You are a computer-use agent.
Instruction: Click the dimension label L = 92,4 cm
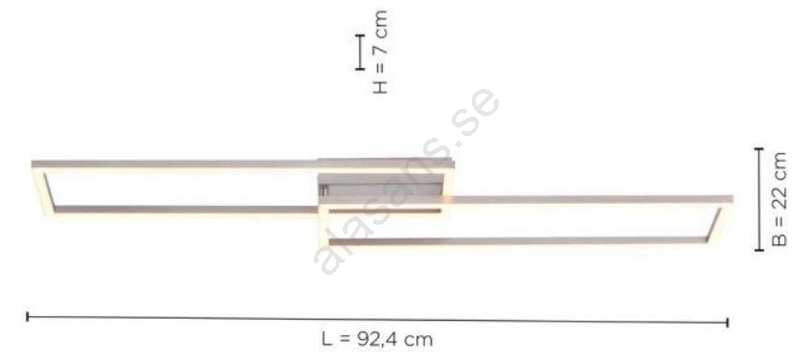[x=377, y=340]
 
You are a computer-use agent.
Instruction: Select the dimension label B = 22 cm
[x=778, y=199]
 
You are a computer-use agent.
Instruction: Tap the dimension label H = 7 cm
[x=379, y=52]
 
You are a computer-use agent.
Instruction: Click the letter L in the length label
[x=327, y=339]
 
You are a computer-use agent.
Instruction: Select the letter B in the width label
[x=778, y=239]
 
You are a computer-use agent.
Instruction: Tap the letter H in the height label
[x=379, y=87]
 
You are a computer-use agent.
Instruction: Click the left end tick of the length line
[x=28, y=316]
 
